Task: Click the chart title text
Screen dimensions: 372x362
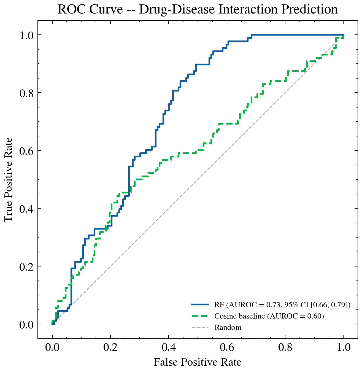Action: (x=198, y=10)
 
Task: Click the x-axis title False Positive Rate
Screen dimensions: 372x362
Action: (x=198, y=362)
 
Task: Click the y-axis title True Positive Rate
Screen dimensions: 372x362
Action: (x=9, y=179)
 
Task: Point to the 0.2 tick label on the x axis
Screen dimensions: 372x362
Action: (x=110, y=347)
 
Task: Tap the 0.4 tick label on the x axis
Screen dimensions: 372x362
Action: (x=169, y=347)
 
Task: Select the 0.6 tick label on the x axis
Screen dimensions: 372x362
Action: (x=227, y=347)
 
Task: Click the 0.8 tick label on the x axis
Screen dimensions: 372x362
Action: (x=285, y=347)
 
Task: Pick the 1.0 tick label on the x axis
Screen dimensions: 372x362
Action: (x=343, y=347)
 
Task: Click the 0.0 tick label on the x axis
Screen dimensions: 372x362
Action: (x=52, y=347)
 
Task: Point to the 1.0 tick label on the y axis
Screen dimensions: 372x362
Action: (x=27, y=35)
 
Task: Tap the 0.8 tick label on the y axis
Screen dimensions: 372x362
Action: (x=27, y=93)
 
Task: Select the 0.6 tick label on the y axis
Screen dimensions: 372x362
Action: (x=27, y=151)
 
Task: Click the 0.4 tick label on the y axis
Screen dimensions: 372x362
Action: (x=27, y=209)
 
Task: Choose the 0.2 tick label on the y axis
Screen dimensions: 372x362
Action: (x=27, y=266)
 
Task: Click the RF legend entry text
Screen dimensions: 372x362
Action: (x=282, y=304)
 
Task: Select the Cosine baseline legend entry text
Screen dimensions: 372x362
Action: (x=269, y=316)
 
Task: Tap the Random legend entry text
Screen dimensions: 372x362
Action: (x=228, y=328)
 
